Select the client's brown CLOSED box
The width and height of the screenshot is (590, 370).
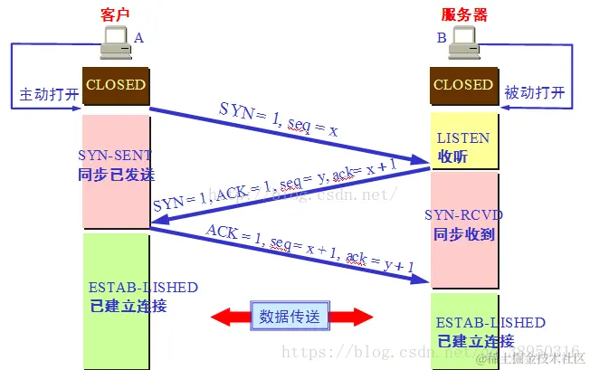tap(115, 85)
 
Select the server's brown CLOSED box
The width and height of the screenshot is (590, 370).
tap(463, 85)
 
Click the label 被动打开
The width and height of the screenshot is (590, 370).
tap(534, 93)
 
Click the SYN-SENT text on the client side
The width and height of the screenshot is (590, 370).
tap(115, 155)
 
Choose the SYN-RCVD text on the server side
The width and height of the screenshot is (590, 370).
tap(463, 214)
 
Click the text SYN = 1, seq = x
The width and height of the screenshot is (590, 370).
tap(279, 120)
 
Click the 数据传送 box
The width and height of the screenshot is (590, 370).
tap(290, 316)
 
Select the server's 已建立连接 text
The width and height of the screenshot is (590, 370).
tap(475, 341)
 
